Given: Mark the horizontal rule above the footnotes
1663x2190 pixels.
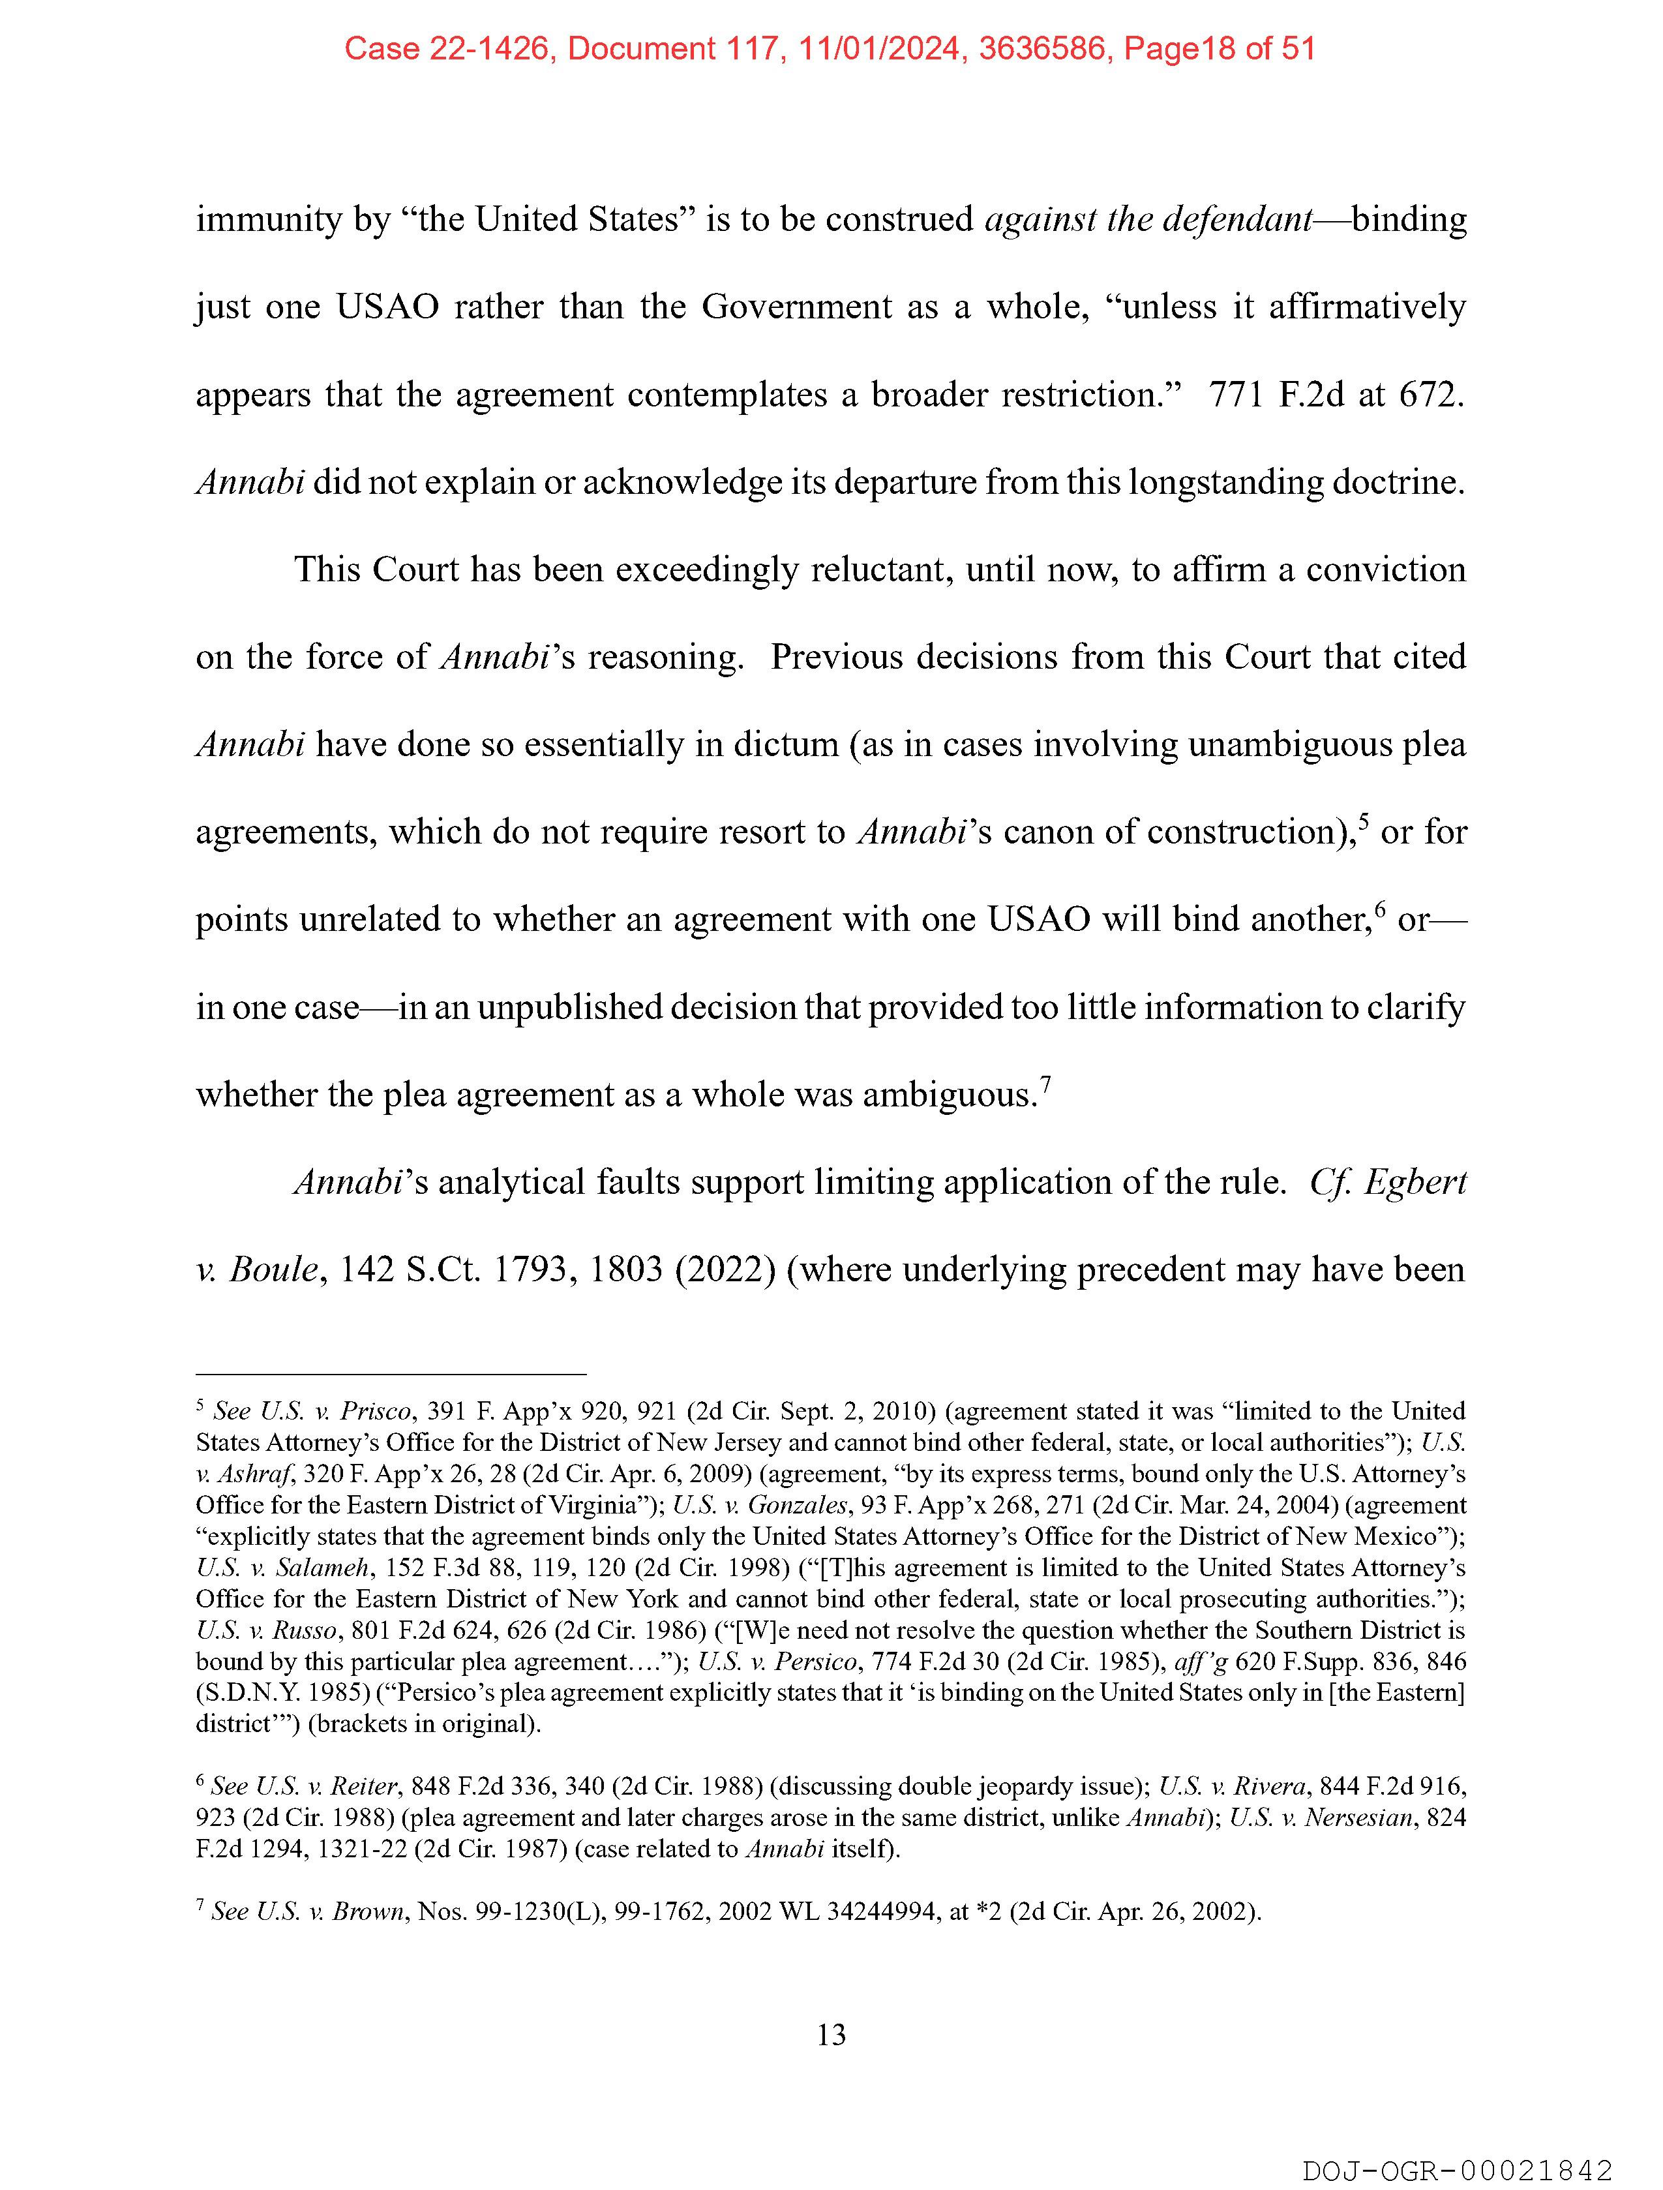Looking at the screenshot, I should click(x=391, y=1374).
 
